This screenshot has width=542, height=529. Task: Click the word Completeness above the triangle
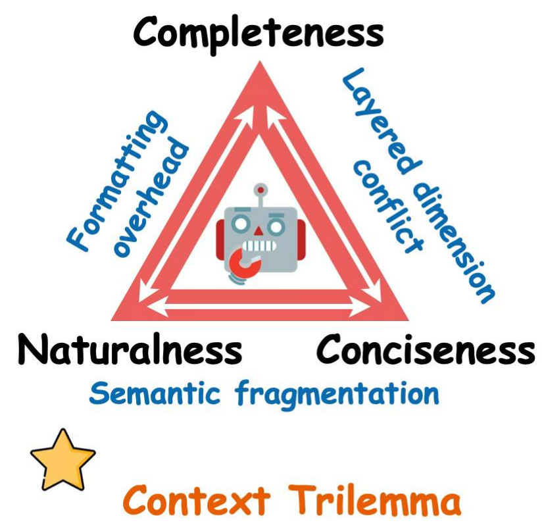[258, 31]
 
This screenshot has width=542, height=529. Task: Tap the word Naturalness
[130, 350]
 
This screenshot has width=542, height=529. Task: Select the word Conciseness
[425, 350]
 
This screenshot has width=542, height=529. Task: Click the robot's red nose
[259, 232]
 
